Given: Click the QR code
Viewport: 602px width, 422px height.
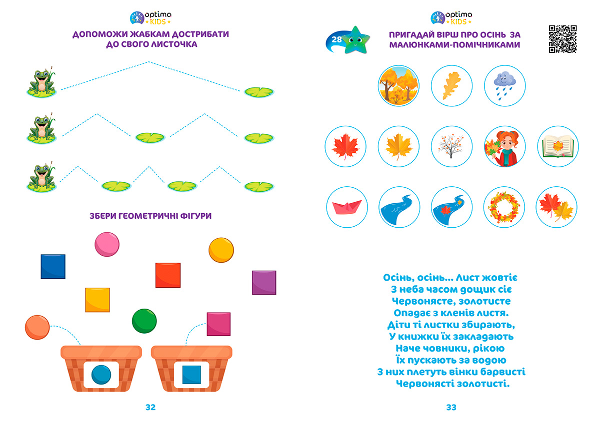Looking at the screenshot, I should click(x=562, y=38).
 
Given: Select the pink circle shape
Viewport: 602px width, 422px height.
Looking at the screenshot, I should click(x=107, y=244).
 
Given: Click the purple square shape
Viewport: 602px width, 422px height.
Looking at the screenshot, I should click(x=264, y=283).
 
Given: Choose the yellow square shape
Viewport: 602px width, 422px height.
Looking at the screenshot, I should click(x=97, y=300).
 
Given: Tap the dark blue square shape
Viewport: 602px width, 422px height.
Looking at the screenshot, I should click(x=53, y=266).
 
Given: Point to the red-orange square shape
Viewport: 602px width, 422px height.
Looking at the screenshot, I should click(x=167, y=275).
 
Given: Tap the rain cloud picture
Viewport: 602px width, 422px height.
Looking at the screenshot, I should click(x=504, y=85).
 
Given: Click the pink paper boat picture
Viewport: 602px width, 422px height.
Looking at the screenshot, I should click(x=346, y=207).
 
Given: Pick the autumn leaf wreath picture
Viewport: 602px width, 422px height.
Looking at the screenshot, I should click(x=504, y=207).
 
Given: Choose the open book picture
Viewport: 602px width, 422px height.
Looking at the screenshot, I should click(x=557, y=146).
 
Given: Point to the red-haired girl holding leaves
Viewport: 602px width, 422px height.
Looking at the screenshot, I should click(x=504, y=146).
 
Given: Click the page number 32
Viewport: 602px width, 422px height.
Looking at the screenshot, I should click(x=150, y=408).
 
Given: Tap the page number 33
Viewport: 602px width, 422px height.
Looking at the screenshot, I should click(x=451, y=408).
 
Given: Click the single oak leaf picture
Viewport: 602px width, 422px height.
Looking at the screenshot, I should click(x=451, y=85).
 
